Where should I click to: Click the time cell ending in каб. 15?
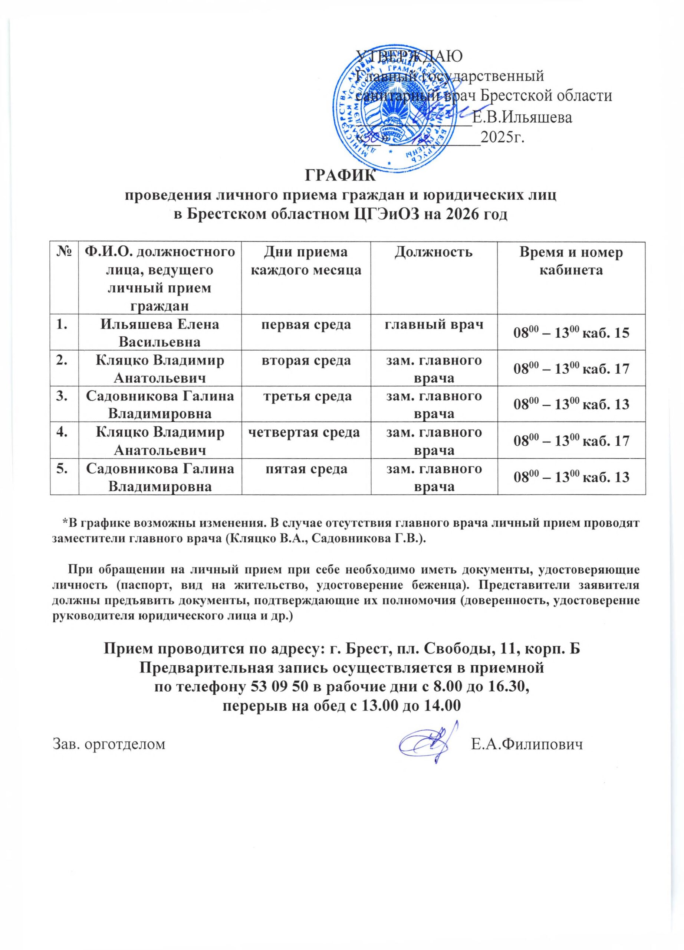click(571, 333)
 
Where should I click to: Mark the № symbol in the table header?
click(64, 253)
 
